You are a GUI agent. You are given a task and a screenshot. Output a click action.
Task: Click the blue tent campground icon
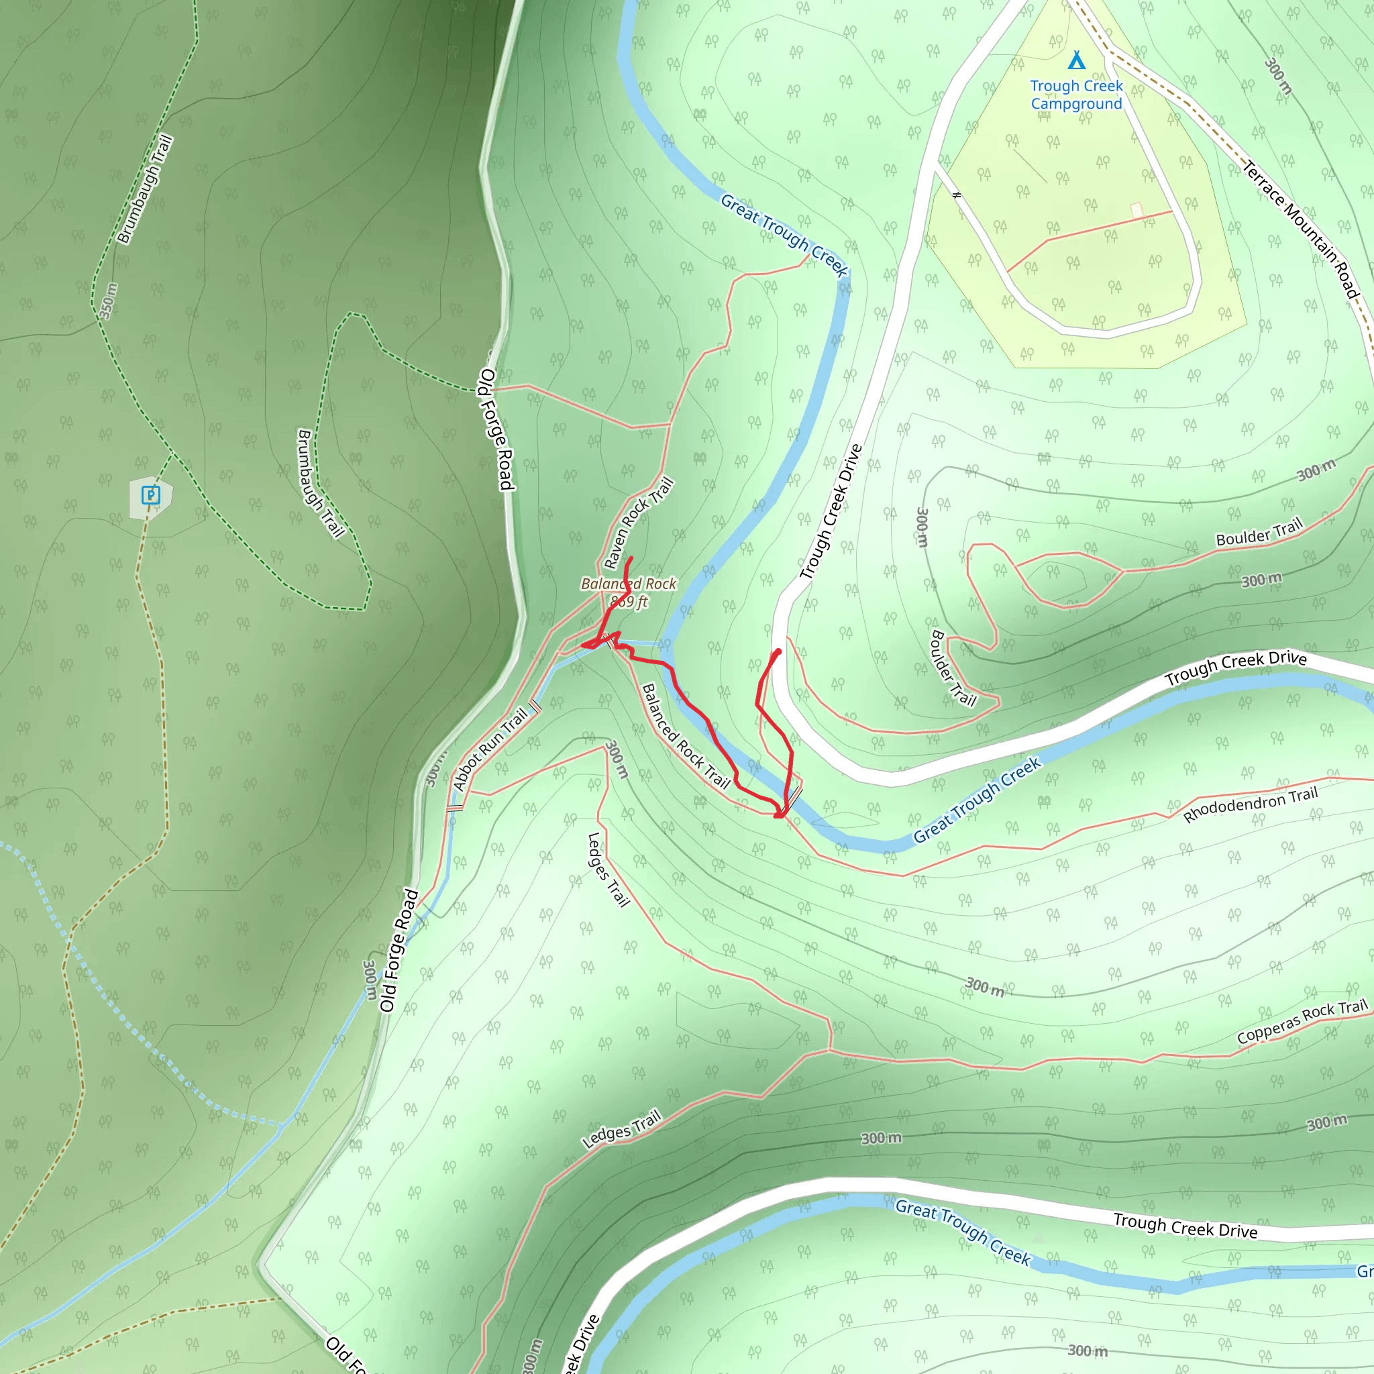pyautogui.click(x=1077, y=60)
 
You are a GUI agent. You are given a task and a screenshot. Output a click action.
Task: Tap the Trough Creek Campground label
pyautogui.click(x=1076, y=95)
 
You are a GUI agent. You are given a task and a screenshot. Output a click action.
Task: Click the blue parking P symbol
pyautogui.click(x=151, y=494)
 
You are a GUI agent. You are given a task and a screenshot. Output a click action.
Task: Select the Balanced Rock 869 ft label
pyautogui.click(x=629, y=592)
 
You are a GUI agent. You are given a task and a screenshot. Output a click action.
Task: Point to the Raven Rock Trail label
pyautogui.click(x=638, y=523)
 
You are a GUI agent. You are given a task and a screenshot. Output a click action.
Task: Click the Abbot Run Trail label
pyautogui.click(x=490, y=749)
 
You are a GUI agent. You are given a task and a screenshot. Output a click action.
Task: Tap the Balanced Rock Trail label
pyautogui.click(x=686, y=737)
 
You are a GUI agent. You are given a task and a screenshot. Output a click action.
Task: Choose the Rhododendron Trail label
pyautogui.click(x=1251, y=805)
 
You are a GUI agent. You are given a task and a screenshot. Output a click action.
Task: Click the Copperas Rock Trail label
pyautogui.click(x=1302, y=1021)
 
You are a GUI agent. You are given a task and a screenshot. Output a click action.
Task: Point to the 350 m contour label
pyautogui.click(x=108, y=301)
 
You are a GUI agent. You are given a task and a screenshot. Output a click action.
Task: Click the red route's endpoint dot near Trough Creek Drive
pyautogui.click(x=779, y=651)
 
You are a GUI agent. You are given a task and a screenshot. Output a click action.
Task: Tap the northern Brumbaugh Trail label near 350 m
pyautogui.click(x=144, y=189)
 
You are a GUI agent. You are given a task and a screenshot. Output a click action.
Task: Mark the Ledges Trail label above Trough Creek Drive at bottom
pyautogui.click(x=621, y=1129)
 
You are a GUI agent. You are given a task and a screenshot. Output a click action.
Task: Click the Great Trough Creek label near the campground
pyautogui.click(x=784, y=235)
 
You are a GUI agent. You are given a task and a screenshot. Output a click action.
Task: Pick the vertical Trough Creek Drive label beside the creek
pyautogui.click(x=831, y=511)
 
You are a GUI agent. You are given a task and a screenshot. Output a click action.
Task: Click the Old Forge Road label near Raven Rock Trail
pyautogui.click(x=496, y=429)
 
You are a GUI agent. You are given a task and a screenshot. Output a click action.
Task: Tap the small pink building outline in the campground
pyautogui.click(x=1137, y=210)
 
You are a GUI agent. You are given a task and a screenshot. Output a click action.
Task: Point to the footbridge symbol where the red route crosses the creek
pyautogui.click(x=794, y=794)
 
